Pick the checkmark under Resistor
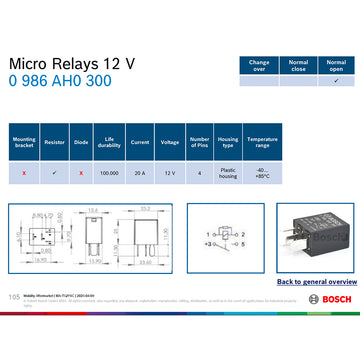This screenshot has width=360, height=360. pos(53,172)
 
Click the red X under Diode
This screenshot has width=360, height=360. pos(81,172)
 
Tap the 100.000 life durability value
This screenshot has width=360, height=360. pos(109,172)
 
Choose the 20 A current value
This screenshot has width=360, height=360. pos(139,172)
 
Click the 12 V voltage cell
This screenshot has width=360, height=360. pos(169,172)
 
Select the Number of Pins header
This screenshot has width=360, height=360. pos(199,142)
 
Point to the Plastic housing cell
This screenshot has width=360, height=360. pos(228,172)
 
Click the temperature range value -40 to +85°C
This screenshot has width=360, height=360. pos(262,172)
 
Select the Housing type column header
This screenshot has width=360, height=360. pos(228,142)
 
